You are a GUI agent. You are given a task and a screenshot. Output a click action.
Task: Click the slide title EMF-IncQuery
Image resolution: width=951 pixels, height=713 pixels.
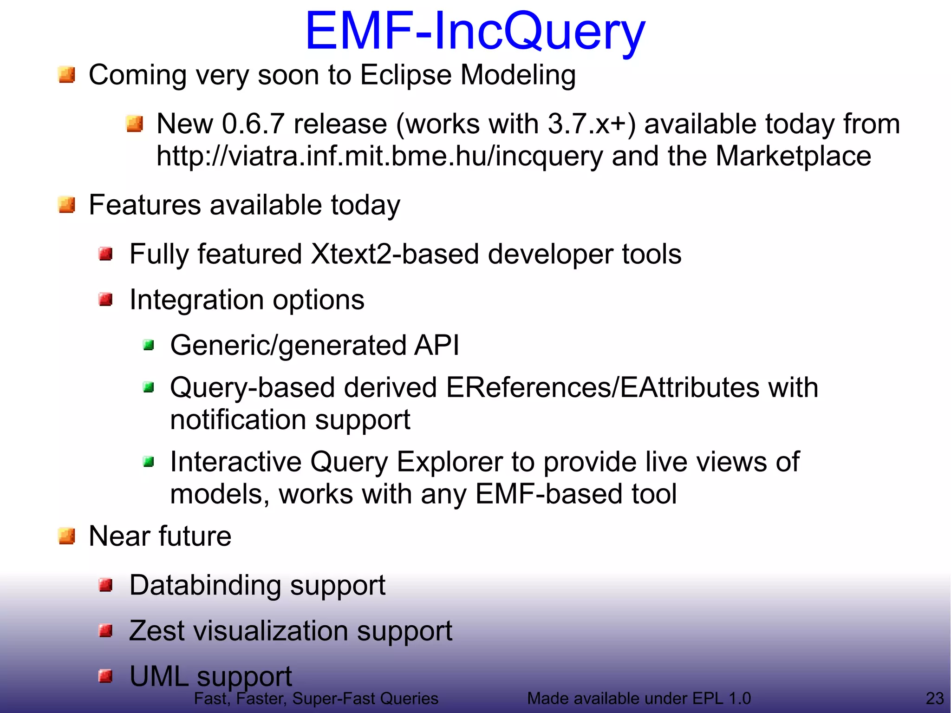coord(475,32)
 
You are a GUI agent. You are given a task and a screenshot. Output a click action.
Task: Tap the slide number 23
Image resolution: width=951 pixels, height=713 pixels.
coord(935,698)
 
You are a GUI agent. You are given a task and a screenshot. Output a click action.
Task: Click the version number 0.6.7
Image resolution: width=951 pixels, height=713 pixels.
coord(253,124)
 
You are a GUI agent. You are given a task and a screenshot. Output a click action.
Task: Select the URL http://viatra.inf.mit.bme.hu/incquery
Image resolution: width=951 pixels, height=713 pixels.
coord(379,156)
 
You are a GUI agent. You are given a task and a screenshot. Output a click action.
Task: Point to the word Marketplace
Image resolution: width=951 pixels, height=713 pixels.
coord(793,156)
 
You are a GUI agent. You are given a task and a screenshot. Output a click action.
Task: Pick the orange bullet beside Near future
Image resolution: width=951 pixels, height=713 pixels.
coord(67,536)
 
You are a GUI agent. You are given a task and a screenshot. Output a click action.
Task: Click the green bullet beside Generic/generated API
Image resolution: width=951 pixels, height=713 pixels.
coord(149,345)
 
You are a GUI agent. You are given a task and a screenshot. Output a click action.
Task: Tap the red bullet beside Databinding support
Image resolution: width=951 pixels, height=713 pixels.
coord(106,585)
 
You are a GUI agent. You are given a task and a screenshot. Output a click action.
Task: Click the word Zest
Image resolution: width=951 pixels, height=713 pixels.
coord(156,631)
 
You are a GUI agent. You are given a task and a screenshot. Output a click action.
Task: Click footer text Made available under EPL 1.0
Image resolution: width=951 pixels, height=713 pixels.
coord(638,698)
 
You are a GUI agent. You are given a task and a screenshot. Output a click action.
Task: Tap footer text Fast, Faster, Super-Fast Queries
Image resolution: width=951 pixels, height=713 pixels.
coord(316,698)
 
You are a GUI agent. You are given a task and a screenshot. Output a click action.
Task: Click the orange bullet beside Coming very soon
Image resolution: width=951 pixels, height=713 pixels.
coord(67,75)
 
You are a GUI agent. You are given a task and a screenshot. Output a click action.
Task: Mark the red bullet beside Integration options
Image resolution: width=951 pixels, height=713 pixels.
coord(106,300)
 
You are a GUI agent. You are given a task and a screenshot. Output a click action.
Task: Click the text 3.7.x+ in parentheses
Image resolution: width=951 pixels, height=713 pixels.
coord(587,124)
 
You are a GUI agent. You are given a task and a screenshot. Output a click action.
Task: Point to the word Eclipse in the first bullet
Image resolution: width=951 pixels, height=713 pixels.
coord(405,75)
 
